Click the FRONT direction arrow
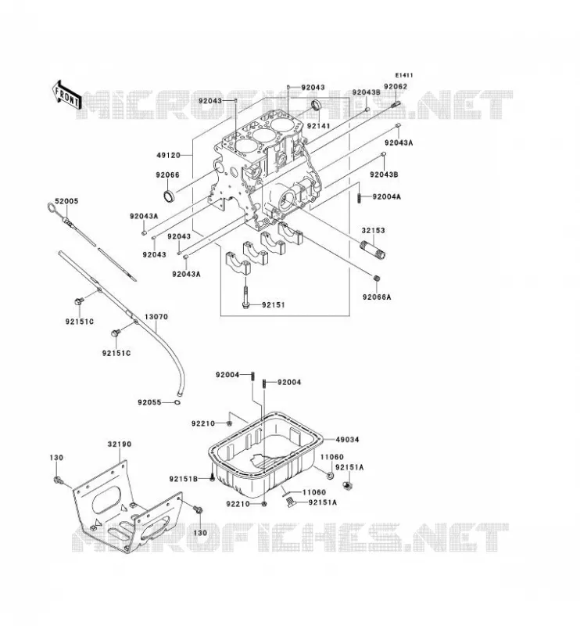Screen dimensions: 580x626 pos(66,95)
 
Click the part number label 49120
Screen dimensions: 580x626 pos(168,155)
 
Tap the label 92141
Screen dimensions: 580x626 pos(318,126)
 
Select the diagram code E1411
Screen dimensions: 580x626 pos(404,75)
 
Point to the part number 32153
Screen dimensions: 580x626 pos(374,230)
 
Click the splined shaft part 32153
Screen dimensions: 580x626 pos(373,249)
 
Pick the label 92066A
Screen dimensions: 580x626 pos(377,297)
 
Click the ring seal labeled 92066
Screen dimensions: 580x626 pos(168,196)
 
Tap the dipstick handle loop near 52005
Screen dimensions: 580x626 pos(52,207)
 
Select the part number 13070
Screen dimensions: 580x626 pos(156,317)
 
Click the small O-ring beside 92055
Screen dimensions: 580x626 pos(177,402)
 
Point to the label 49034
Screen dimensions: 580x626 pos(347,440)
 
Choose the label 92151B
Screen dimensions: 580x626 pos(183,479)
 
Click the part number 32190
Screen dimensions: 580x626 pos(120,444)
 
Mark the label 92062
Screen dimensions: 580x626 pos(396,86)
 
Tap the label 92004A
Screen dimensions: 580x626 pos(387,196)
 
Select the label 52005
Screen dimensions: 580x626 pos(66,201)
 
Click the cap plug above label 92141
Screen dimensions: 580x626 pos(316,105)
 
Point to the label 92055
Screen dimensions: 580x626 pos(149,402)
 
